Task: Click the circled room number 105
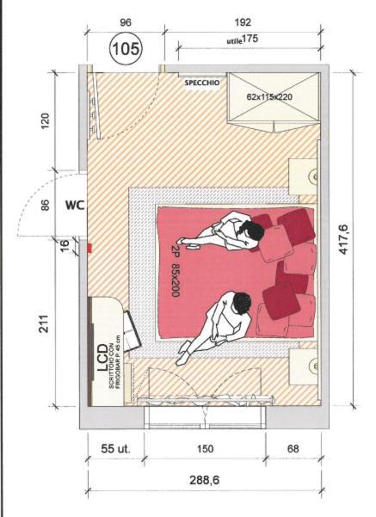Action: tap(126, 48)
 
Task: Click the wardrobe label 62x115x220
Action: tap(269, 97)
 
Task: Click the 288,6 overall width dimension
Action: tap(205, 480)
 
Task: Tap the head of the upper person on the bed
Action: tap(252, 231)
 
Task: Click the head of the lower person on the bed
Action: tap(242, 303)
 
